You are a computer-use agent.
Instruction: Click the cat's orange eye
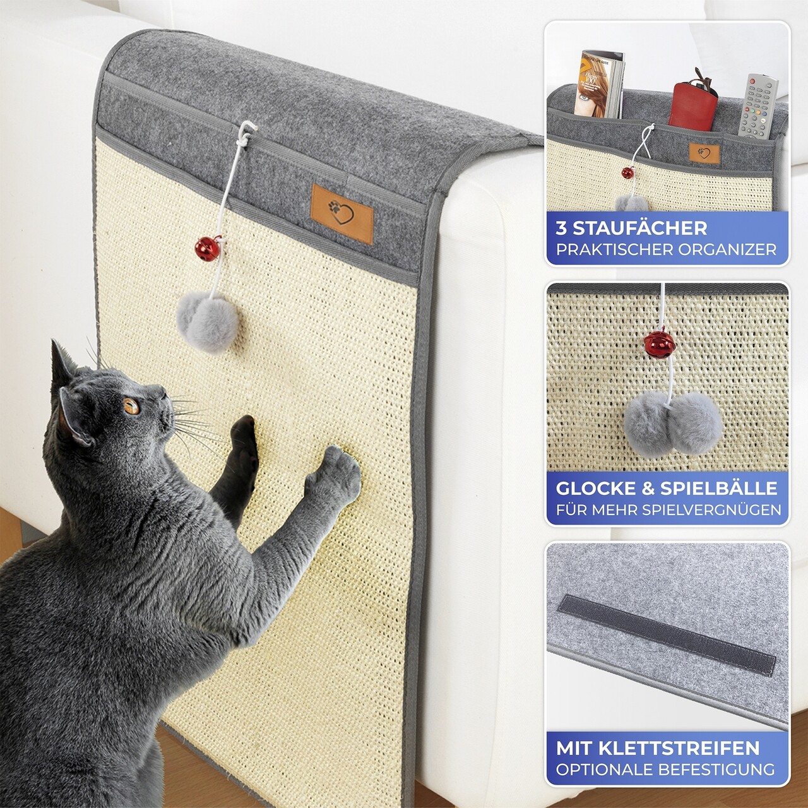pyautogui.click(x=131, y=406)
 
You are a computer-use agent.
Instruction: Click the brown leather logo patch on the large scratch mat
pyautogui.click(x=342, y=213)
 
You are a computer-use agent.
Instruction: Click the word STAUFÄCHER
pyautogui.click(x=640, y=228)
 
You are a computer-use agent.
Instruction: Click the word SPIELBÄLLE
pyautogui.click(x=719, y=488)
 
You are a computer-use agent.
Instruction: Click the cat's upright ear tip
pyautogui.click(x=54, y=342)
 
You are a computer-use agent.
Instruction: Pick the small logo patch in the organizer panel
pyautogui.click(x=704, y=153)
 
